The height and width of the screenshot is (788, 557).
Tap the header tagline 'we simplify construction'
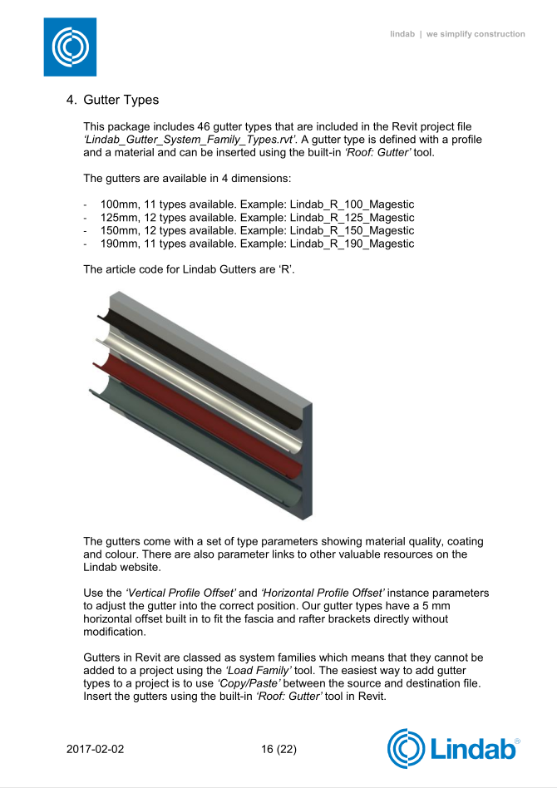[476, 34]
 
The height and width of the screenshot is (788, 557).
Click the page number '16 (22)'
[278, 749]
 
